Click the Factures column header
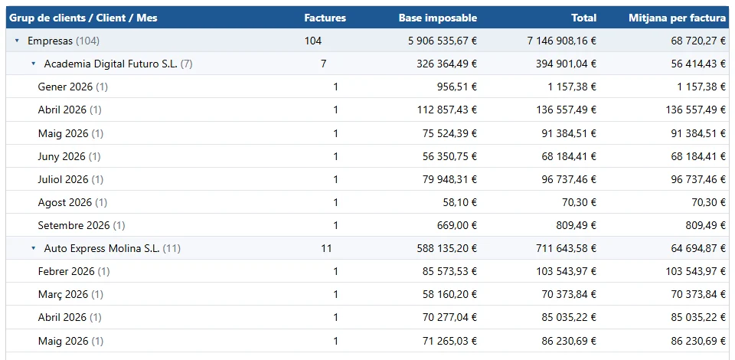tap(325, 18)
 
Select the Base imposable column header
tap(438, 18)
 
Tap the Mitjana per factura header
tap(677, 18)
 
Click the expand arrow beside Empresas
tap(18, 41)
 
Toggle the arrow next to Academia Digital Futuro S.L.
tap(33, 64)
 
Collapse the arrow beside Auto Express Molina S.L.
tap(33, 248)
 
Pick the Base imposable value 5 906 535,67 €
tap(443, 41)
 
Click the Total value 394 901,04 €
tap(567, 64)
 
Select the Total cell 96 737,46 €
tap(569, 179)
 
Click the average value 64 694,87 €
tap(698, 248)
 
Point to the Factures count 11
tap(326, 248)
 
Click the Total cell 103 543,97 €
tap(567, 271)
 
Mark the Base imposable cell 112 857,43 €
tap(447, 110)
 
